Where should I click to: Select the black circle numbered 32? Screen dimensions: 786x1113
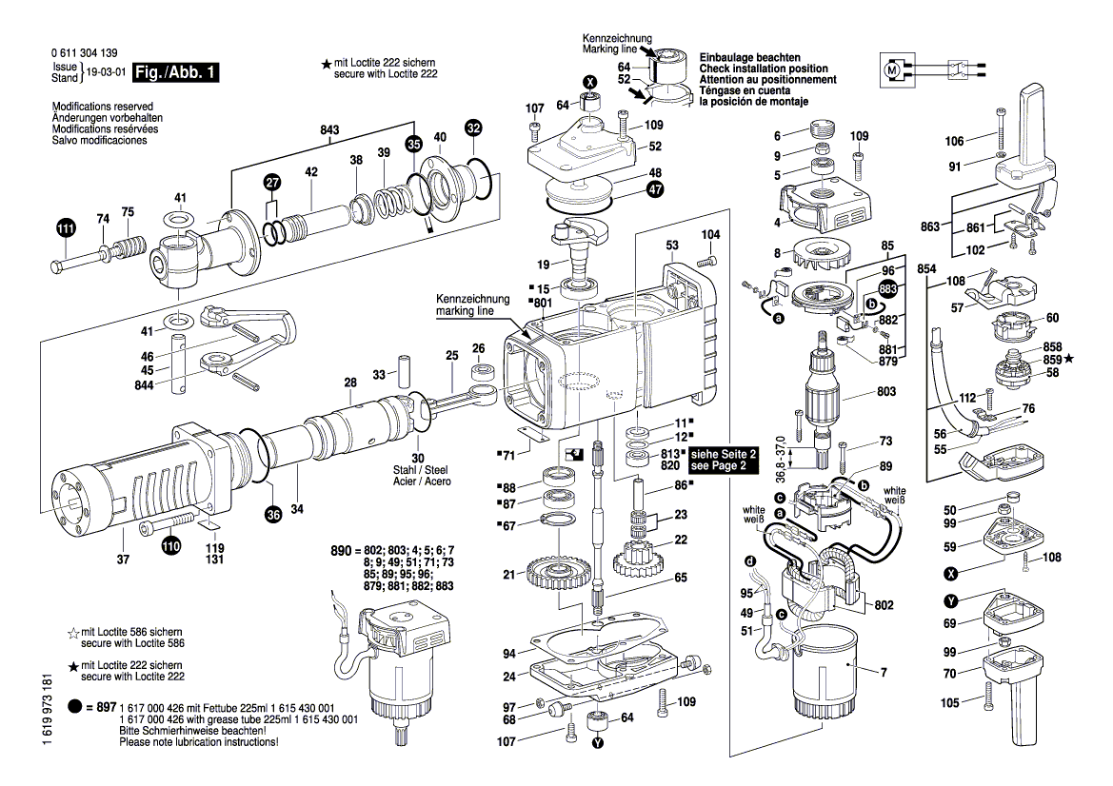(473, 127)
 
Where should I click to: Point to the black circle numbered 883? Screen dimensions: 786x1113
(887, 289)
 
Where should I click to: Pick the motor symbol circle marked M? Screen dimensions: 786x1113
(892, 69)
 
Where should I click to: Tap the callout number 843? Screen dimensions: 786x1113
(329, 129)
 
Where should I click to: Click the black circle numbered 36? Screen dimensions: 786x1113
(273, 515)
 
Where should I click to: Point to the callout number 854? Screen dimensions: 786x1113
(926, 270)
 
